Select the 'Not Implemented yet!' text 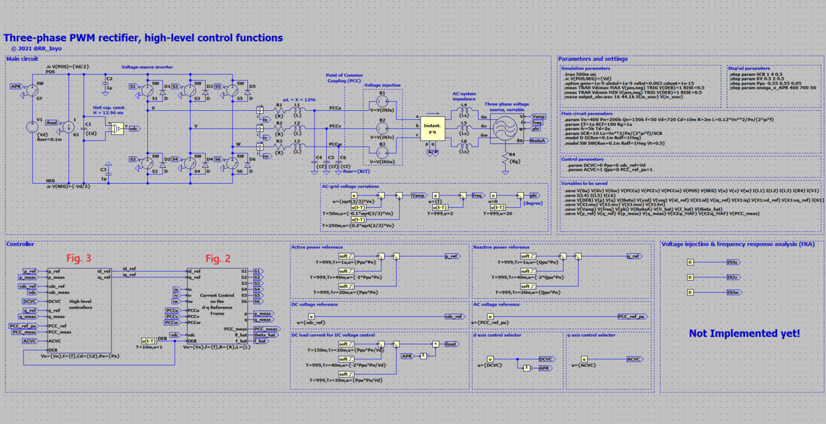pyautogui.click(x=744, y=333)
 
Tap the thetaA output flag pyautogui.click(x=539, y=140)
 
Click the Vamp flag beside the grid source pyautogui.click(x=539, y=117)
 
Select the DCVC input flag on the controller pyautogui.click(x=30, y=301)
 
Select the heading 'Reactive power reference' pyautogui.click(x=501, y=246)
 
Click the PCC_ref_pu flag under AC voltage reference pyautogui.click(x=631, y=316)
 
